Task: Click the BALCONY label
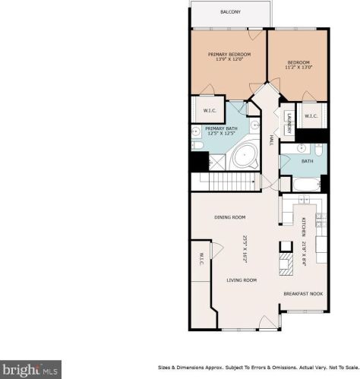[230, 12]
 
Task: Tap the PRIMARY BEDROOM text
[229, 55]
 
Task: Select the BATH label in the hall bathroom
[306, 160]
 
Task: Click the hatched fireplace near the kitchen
[285, 265]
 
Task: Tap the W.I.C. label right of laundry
[311, 115]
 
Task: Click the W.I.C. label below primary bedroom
[210, 111]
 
